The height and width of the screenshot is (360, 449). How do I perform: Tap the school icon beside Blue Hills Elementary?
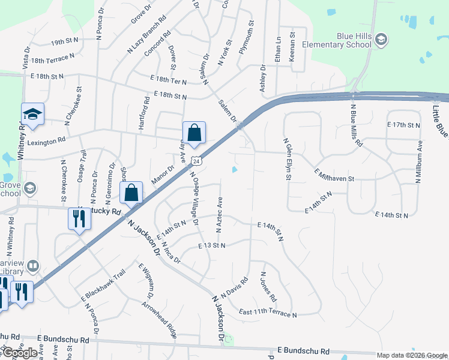(x=381, y=40)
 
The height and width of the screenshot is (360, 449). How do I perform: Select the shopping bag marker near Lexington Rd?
(x=194, y=133)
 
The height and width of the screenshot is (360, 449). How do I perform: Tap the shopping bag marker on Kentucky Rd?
(x=131, y=193)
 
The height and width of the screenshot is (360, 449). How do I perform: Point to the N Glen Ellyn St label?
(x=288, y=159)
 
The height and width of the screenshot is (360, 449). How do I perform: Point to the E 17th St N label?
(x=405, y=125)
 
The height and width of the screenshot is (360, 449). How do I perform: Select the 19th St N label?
(x=65, y=41)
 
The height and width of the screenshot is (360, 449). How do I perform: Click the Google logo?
(x=19, y=353)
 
